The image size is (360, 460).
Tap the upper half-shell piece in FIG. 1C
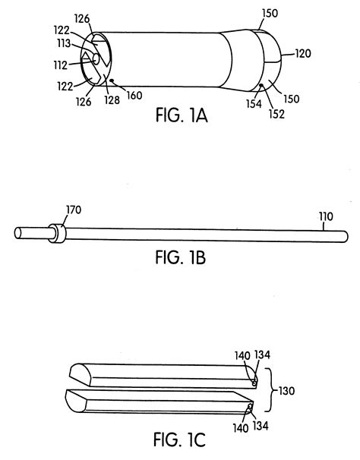(x=159, y=371)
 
